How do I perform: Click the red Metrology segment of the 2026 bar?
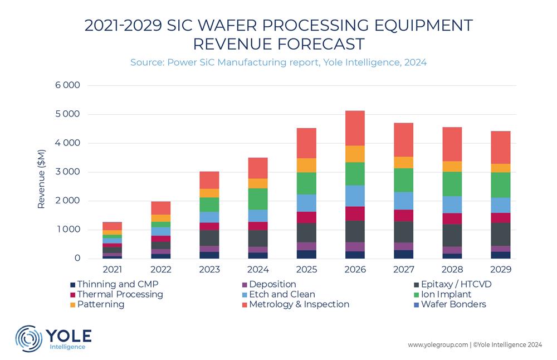coord(355,128)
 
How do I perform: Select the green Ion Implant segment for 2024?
coord(258,199)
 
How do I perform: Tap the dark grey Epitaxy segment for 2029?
coord(500,234)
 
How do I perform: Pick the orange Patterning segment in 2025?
coord(306,166)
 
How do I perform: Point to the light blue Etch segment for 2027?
coord(403,201)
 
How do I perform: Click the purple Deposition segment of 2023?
coord(209,249)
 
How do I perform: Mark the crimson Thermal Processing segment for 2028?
coord(452,218)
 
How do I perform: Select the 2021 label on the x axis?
coord(113,270)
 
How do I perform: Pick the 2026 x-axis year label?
coord(355,270)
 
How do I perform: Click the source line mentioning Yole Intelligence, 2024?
coord(278,62)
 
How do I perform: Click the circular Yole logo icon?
coord(28,338)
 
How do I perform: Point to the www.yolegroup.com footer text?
coord(438,345)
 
